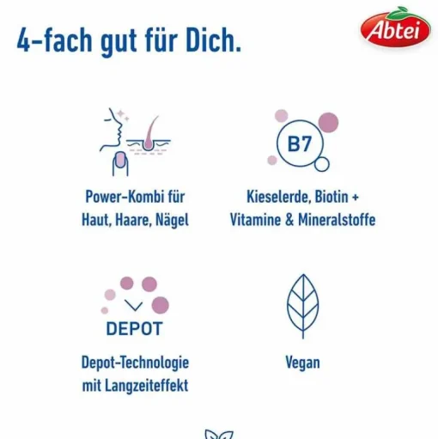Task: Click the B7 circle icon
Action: tap(300, 143)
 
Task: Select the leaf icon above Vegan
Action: tap(303, 306)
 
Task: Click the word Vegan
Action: tap(302, 363)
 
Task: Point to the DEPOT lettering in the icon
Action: tap(134, 328)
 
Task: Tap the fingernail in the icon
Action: tap(120, 160)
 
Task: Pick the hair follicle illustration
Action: tap(149, 135)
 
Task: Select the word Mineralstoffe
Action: tap(337, 220)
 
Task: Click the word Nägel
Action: tap(172, 221)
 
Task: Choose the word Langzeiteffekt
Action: tap(147, 386)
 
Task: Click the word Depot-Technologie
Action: tap(135, 363)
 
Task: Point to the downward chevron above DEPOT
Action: tap(134, 305)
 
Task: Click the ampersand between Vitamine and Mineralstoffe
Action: tap(289, 220)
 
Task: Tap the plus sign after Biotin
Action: tap(356, 198)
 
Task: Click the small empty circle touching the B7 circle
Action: tap(322, 164)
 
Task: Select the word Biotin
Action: tap(332, 197)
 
